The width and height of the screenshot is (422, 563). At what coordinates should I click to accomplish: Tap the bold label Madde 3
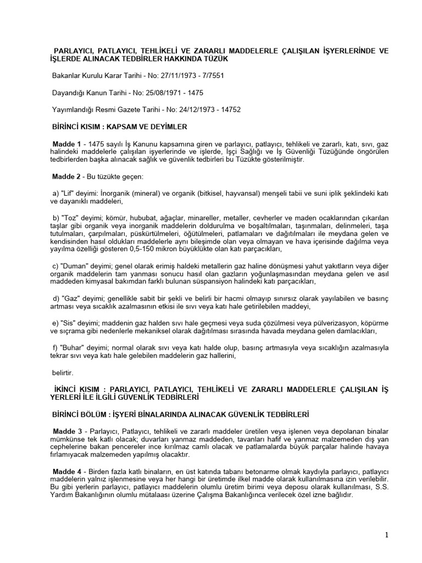67,429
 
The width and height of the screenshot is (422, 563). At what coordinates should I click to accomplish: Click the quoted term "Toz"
70,218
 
